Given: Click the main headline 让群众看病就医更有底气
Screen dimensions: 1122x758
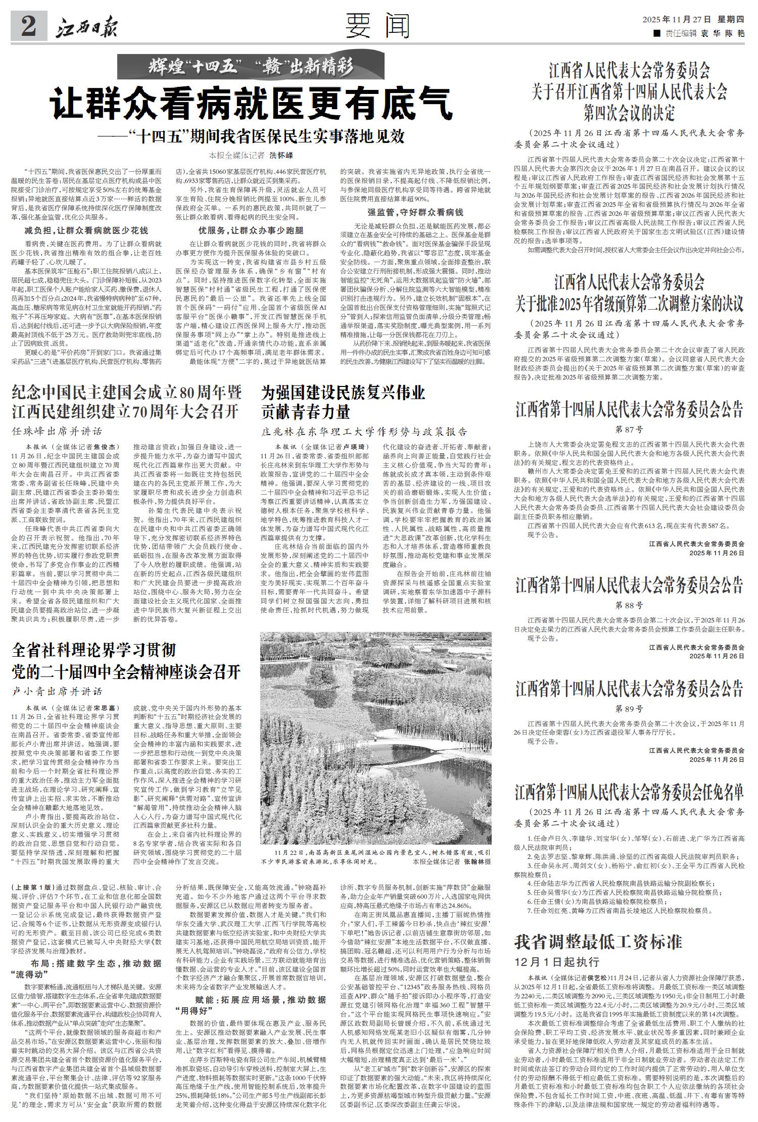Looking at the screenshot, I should click(x=251, y=104).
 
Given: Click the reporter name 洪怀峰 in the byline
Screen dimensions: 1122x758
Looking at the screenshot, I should click(x=281, y=155).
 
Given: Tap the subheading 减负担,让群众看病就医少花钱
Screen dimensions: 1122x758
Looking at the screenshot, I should click(x=86, y=230).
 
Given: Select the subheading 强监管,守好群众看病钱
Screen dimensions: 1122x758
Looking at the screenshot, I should click(x=415, y=212).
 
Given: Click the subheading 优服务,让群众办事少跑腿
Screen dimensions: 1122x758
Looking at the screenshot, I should click(x=251, y=230).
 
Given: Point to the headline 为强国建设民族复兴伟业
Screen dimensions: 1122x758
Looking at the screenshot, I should click(x=343, y=393).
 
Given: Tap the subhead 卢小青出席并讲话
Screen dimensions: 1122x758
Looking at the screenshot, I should click(x=57, y=691).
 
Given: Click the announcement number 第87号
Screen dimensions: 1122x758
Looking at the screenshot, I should click(x=629, y=430).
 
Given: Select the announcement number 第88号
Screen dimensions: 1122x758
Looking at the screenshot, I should click(x=629, y=605).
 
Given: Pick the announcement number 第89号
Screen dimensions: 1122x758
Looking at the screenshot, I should click(x=629, y=708).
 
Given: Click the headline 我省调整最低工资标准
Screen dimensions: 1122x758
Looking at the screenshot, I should click(x=598, y=942).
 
